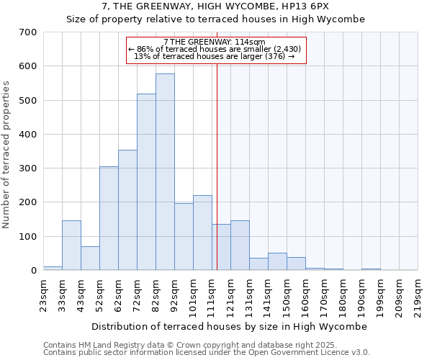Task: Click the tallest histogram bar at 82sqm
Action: pyautogui.click(x=165, y=173)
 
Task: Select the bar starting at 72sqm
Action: pyautogui.click(x=146, y=183)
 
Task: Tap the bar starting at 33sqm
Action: pyautogui.click(x=71, y=246)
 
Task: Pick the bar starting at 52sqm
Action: pyautogui.click(x=109, y=219)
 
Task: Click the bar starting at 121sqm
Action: pyautogui.click(x=240, y=246)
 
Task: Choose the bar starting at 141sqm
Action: pyautogui.click(x=277, y=262)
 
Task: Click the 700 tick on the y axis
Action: pyautogui.click(x=28, y=32)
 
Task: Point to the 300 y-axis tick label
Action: pyautogui.click(x=28, y=168)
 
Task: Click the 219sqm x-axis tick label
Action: pyautogui.click(x=418, y=294)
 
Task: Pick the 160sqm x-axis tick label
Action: pyautogui.click(x=305, y=294)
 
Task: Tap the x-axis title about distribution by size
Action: pyautogui.click(x=230, y=326)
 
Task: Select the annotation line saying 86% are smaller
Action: pyautogui.click(x=216, y=49)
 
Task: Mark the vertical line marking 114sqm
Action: pyautogui.click(x=217, y=180)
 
